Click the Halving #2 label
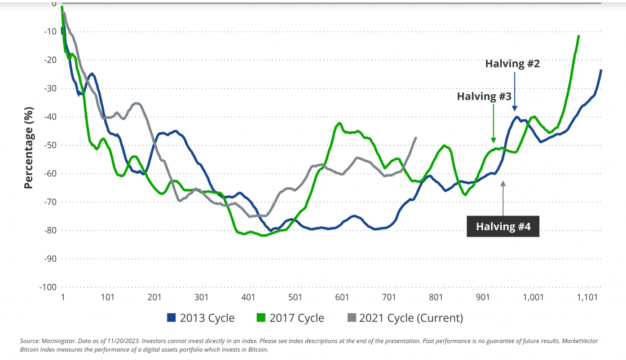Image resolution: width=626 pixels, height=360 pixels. pyautogui.click(x=513, y=64)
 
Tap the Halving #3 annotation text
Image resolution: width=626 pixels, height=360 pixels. pyautogui.click(x=484, y=96)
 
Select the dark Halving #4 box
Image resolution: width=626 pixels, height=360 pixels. pyautogui.click(x=503, y=227)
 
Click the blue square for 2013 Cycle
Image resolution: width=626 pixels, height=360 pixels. pyautogui.click(x=172, y=318)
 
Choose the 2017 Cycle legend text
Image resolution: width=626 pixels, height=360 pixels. pyautogui.click(x=298, y=318)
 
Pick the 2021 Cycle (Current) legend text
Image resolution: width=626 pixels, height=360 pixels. pyautogui.click(x=411, y=318)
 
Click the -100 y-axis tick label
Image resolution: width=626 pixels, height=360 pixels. pyautogui.click(x=47, y=287)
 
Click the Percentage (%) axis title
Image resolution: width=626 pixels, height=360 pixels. pyautogui.click(x=29, y=145)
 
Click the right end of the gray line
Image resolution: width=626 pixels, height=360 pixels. pyautogui.click(x=416, y=138)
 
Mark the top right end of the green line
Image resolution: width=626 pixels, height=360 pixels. pyautogui.click(x=579, y=36)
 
